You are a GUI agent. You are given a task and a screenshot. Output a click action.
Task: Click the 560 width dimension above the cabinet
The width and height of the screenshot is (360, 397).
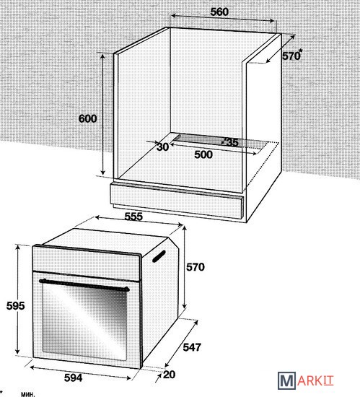(x=219, y=12)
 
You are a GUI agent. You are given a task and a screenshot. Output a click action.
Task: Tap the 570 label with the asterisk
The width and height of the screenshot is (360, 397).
(x=292, y=55)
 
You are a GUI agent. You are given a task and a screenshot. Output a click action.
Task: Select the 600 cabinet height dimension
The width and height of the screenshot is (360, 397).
(x=87, y=118)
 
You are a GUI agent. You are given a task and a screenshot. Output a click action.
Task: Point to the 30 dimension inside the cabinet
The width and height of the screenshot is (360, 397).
(x=162, y=147)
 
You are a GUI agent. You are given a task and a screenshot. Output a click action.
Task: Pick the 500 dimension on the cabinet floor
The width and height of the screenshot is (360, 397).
(x=203, y=154)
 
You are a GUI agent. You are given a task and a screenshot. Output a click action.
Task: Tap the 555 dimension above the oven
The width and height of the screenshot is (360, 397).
(x=133, y=217)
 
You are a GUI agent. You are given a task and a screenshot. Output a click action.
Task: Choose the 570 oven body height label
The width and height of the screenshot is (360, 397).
(x=196, y=267)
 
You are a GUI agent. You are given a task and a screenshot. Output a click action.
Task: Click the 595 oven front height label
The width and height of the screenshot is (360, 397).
(x=15, y=306)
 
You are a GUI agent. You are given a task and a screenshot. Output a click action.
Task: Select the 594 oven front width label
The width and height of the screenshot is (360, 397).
(x=74, y=378)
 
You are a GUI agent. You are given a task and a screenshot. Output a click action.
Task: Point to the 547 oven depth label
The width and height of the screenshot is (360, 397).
(x=192, y=347)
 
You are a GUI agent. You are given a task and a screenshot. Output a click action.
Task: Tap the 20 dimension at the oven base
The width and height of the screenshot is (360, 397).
(x=170, y=375)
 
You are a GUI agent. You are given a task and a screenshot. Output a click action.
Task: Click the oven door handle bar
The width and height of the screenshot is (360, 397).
(x=84, y=285)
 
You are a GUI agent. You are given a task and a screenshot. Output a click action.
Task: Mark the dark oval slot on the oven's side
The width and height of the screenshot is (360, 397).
(x=159, y=256)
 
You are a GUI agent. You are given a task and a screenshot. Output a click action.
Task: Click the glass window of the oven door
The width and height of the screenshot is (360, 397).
(x=84, y=321)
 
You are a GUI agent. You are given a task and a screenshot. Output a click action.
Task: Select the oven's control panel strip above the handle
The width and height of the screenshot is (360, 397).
(x=87, y=263)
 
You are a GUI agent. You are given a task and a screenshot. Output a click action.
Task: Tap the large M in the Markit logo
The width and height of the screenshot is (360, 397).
(x=286, y=380)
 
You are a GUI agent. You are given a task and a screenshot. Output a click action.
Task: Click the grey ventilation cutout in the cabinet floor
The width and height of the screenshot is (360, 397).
(x=220, y=142)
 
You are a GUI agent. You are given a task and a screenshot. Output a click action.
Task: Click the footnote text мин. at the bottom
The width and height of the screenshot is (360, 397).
(x=28, y=394)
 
